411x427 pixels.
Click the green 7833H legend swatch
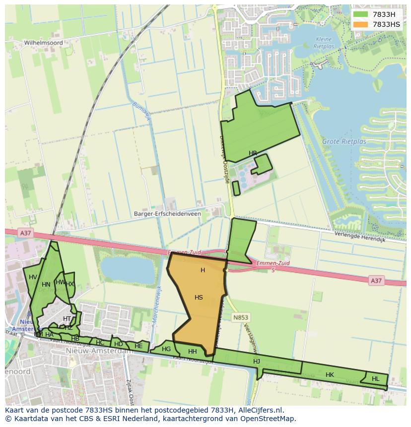[361, 14]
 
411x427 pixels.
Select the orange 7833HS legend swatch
[361, 24]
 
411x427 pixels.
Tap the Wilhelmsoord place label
[44, 43]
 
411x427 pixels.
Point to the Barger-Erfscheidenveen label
[167, 214]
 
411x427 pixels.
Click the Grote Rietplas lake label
[344, 141]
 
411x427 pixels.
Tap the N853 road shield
[241, 317]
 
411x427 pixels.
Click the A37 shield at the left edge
[25, 233]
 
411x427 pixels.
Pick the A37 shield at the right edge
[376, 281]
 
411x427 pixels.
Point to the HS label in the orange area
[199, 298]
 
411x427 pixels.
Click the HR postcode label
[253, 153]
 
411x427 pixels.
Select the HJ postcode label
[257, 362]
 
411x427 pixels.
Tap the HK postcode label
[330, 375]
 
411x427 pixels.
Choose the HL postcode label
[375, 379]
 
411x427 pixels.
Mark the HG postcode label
[166, 349]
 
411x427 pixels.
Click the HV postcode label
[33, 277]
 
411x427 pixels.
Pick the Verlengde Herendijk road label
[360, 237]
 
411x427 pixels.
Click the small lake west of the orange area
[128, 271]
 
